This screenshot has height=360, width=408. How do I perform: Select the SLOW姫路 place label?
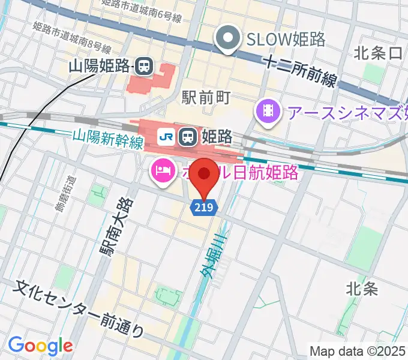(x=286, y=40)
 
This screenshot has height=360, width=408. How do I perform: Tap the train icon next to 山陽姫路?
(x=143, y=66)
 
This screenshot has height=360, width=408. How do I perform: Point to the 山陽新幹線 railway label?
(x=108, y=139)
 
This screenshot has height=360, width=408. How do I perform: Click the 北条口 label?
(x=378, y=53)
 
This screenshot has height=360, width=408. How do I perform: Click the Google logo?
(x=40, y=346)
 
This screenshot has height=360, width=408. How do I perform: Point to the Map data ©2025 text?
(x=358, y=351)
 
